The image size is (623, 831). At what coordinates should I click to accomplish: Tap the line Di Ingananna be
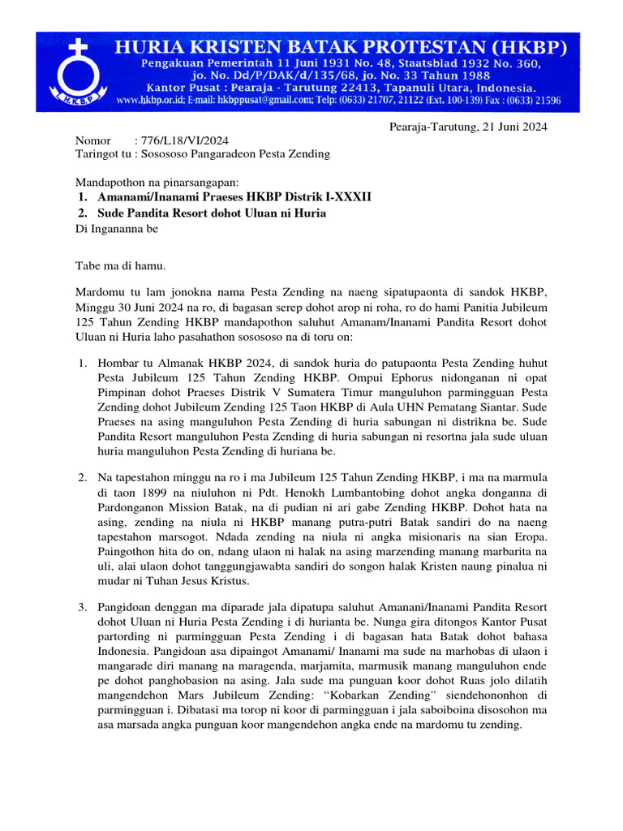pyautogui.click(x=117, y=229)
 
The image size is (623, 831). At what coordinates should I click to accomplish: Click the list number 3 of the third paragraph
pyautogui.click(x=82, y=607)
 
